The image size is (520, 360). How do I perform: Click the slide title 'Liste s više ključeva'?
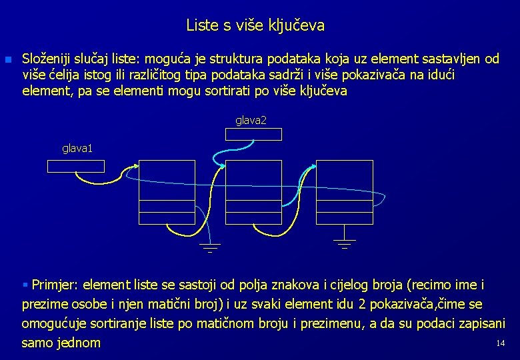click(x=255, y=26)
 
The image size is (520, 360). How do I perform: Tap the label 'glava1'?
click(x=77, y=149)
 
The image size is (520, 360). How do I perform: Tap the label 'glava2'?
click(x=251, y=120)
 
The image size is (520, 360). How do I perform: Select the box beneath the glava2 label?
click(x=253, y=134)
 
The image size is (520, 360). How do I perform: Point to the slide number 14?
click(x=500, y=343)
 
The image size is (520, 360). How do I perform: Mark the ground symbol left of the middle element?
click(x=209, y=247)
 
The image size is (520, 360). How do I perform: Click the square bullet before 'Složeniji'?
click(x=8, y=60)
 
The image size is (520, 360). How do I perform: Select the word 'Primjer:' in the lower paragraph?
click(x=55, y=285)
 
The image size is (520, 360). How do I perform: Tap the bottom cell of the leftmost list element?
click(x=158, y=217)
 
